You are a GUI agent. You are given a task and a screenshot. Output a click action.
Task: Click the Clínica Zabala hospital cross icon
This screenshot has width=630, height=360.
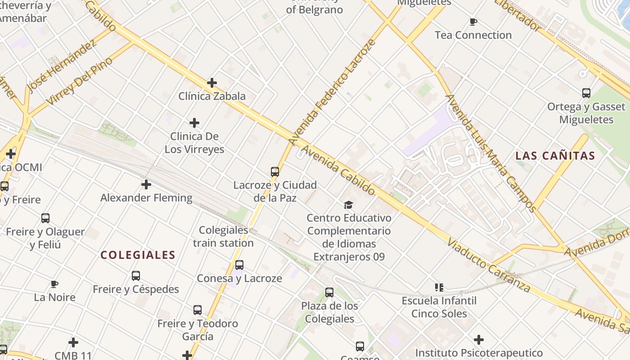[x=212, y=83]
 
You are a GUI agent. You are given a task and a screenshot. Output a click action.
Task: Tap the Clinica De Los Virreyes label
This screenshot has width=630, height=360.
[x=194, y=143]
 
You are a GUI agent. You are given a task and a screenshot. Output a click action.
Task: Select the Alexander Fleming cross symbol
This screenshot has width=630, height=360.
[x=146, y=184]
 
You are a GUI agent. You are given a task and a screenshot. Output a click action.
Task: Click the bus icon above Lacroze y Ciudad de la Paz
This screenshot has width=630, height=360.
[x=275, y=171]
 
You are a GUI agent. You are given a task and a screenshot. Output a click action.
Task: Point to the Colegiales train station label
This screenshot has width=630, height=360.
[x=224, y=237]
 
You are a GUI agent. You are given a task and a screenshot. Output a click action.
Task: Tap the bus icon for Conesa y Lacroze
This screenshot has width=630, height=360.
[x=239, y=265]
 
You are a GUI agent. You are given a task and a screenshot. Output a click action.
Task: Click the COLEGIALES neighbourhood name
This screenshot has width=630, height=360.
[x=138, y=255]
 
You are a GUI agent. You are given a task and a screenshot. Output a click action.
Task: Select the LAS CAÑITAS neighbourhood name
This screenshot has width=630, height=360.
[x=555, y=156]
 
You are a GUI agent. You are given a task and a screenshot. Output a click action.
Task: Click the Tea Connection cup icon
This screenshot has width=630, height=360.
[x=473, y=22]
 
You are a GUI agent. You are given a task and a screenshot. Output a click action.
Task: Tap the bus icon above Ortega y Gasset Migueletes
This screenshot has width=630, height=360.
[x=586, y=93]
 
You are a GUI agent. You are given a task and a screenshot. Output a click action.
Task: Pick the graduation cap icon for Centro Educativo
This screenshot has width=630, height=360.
[x=349, y=205]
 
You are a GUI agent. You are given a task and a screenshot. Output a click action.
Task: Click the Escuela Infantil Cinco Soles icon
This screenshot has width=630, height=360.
[x=439, y=287]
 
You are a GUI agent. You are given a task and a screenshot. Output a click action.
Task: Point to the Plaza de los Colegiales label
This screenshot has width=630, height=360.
[x=330, y=312]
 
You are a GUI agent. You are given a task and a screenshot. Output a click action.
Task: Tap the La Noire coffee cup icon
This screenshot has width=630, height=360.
[x=54, y=284]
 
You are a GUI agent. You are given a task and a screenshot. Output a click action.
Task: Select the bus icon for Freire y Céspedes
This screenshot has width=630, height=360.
[x=136, y=276]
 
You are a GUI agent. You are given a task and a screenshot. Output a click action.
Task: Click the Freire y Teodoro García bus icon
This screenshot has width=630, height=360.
[x=198, y=310]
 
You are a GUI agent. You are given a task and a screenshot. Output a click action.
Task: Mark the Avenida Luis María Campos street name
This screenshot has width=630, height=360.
[x=490, y=153]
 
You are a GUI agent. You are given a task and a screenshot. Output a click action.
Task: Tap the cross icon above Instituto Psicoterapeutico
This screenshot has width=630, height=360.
[x=479, y=340]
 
